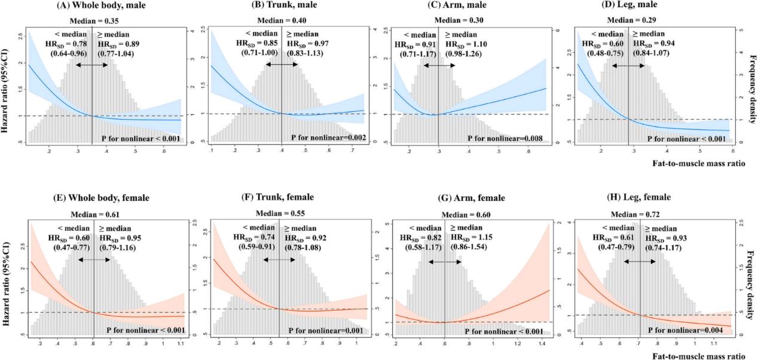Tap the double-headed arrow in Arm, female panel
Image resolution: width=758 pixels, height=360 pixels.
(445, 262)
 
